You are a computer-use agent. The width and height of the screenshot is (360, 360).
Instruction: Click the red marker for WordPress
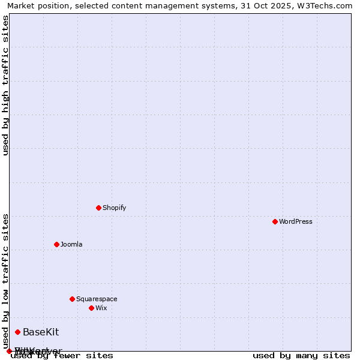pos(275,221)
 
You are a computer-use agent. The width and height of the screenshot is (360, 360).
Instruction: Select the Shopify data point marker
pos(99,208)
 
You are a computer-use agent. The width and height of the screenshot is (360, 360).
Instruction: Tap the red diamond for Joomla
pos(57,244)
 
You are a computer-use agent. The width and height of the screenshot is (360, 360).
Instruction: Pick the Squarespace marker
pos(73,299)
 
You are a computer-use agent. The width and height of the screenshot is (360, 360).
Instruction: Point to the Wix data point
pos(92,308)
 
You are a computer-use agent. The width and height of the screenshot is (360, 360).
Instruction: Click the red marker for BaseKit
pos(18,332)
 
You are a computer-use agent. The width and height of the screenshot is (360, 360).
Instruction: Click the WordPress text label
pos(296,221)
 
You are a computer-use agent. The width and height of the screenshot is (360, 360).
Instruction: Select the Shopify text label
pos(115,208)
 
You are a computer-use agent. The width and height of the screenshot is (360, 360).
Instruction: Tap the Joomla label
pos(71,244)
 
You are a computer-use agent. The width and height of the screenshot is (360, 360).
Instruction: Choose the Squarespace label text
pos(97,299)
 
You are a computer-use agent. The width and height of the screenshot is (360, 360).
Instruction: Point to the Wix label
pos(101,308)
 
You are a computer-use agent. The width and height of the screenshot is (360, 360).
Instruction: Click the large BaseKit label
pos(41,332)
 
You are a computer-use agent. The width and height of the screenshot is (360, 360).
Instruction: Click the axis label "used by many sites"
pos(301,356)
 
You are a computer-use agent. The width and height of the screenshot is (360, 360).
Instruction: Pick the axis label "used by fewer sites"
pos(62,356)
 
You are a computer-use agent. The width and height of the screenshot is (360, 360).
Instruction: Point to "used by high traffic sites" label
pos(6,85)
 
